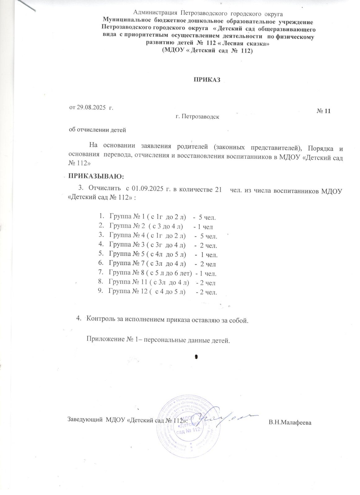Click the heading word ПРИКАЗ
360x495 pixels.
click(x=206, y=80)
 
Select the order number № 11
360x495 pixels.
click(x=324, y=111)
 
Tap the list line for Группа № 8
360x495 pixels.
click(x=162, y=273)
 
